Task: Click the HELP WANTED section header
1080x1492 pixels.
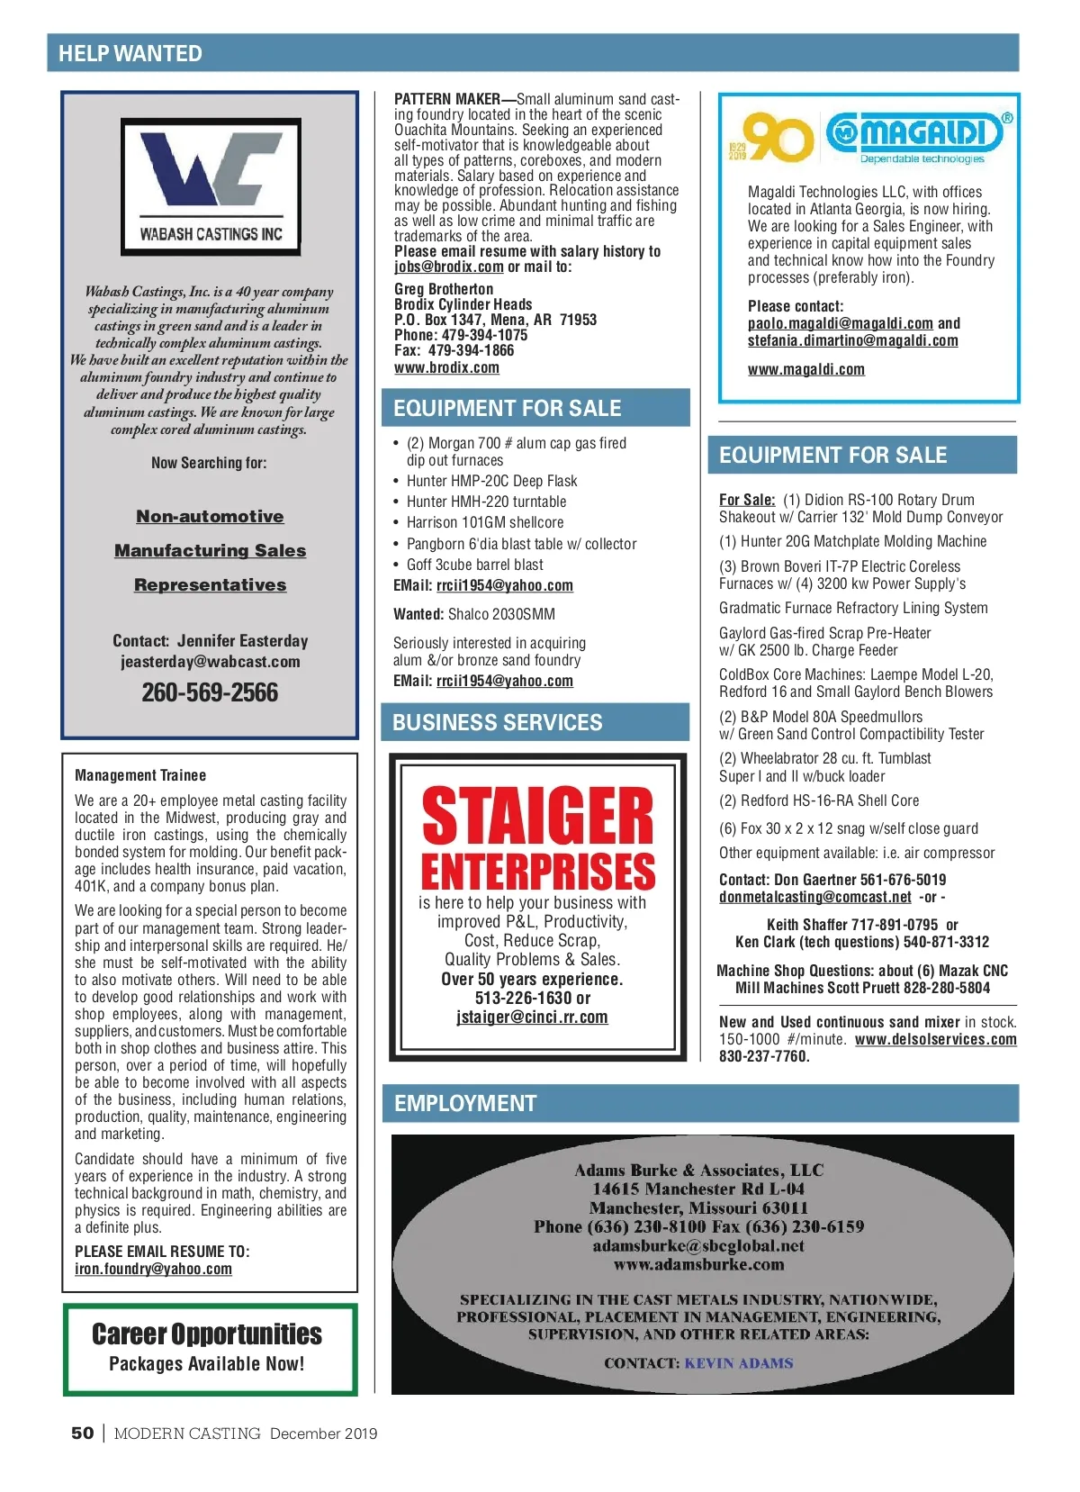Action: [x=130, y=54]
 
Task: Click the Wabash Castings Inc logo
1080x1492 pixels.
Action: [x=211, y=186]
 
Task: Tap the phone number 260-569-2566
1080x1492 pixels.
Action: [x=210, y=692]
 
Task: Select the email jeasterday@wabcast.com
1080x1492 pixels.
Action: [x=211, y=662]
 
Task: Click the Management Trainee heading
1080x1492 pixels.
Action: [x=140, y=775]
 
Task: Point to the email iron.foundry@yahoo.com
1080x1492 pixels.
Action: [x=153, y=1269]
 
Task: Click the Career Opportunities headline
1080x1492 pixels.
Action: [x=207, y=1334]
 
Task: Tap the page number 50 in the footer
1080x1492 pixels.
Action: [x=82, y=1433]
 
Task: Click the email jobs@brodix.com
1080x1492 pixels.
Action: [x=448, y=267]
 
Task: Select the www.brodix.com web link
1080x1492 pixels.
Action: [x=446, y=367]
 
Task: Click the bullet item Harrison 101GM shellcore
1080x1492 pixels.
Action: [x=485, y=522]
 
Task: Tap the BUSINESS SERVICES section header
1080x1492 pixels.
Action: [x=498, y=723]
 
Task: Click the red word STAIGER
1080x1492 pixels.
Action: [x=537, y=817]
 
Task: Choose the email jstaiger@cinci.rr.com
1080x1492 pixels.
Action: [x=532, y=1017]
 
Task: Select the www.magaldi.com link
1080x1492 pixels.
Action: [x=805, y=369]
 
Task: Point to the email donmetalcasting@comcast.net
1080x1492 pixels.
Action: [x=815, y=897]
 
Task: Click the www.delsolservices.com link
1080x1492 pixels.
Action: [x=936, y=1039]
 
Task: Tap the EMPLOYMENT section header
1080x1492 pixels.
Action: [x=465, y=1104]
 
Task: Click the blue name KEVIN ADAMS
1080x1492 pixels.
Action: [x=739, y=1363]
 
